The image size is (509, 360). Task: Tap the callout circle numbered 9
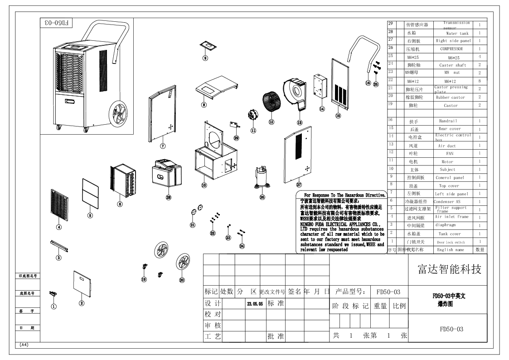(205, 58)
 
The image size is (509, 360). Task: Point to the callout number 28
(169, 197)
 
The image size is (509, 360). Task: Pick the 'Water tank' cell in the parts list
(457, 34)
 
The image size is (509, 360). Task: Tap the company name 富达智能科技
(449, 270)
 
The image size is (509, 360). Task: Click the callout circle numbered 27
(299, 185)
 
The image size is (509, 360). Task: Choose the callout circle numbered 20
(182, 280)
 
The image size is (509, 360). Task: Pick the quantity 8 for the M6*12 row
(480, 81)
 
